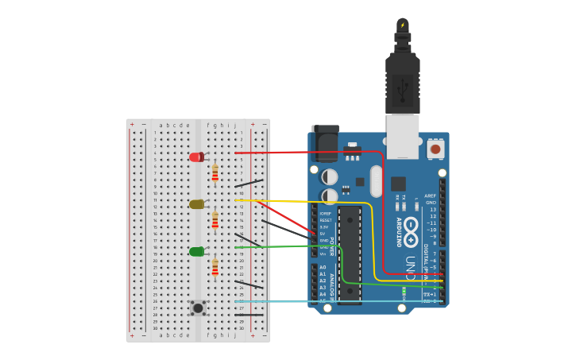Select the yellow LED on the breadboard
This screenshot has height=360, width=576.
(196, 204)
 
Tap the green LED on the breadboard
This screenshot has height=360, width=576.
(196, 252)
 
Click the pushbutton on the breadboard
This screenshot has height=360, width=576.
(198, 306)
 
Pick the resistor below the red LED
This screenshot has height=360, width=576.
(215, 172)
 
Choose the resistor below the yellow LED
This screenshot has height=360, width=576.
(215, 220)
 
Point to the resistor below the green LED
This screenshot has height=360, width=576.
(215, 267)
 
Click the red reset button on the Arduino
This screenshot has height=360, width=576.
(435, 149)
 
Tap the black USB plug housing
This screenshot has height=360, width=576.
(402, 83)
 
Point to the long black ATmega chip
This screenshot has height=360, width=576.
(350, 254)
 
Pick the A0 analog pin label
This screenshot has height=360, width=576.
(323, 268)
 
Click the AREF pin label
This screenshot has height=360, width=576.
(431, 195)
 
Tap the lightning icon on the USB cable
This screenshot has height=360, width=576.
(403, 25)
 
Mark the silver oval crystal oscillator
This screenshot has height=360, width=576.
(376, 181)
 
